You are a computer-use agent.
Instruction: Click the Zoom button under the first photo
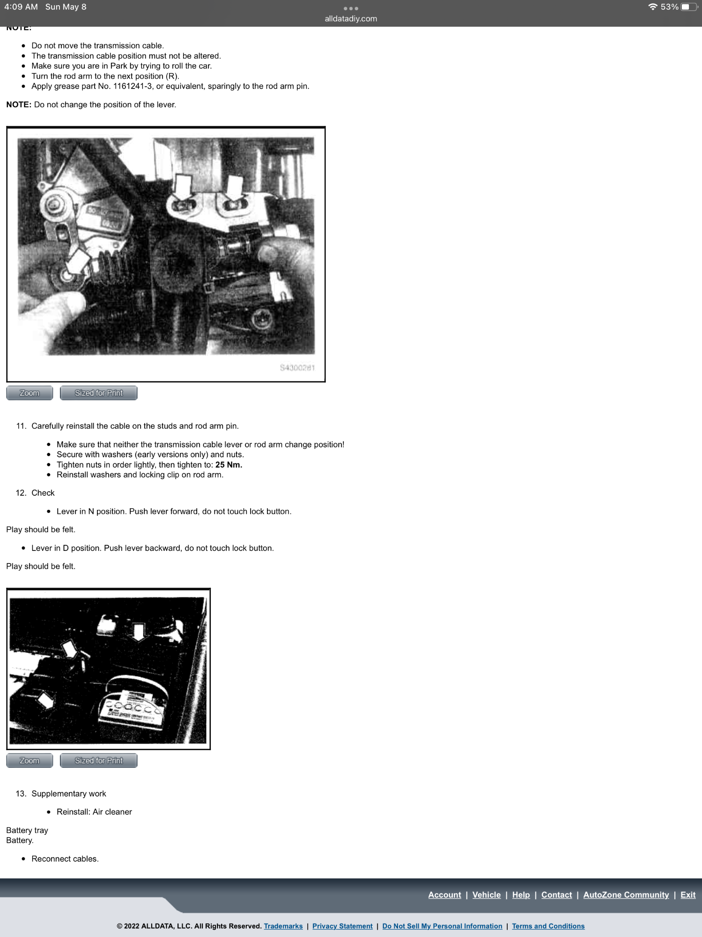click(x=30, y=393)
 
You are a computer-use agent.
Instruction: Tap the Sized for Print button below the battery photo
click(x=98, y=760)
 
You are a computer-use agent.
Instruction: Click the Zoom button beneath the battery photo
click(x=30, y=760)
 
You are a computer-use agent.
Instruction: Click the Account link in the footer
click(x=444, y=895)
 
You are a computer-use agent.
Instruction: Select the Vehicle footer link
click(x=486, y=895)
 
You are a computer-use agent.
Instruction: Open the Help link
click(x=521, y=895)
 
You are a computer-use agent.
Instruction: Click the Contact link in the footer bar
click(x=556, y=895)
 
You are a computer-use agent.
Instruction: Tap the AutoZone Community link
click(x=626, y=895)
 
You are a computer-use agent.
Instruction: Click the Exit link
click(x=687, y=895)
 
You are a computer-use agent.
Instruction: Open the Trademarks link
click(x=283, y=926)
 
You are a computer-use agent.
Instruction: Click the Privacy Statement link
click(x=342, y=926)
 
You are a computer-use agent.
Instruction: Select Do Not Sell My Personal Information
click(x=442, y=926)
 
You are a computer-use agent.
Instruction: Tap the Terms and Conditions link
click(x=548, y=926)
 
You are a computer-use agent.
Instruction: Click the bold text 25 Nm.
click(x=229, y=465)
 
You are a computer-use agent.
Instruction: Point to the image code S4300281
click(x=297, y=368)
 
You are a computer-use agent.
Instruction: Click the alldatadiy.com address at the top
click(x=351, y=19)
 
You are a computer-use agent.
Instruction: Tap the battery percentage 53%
click(x=669, y=7)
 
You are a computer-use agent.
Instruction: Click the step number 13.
click(x=21, y=794)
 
